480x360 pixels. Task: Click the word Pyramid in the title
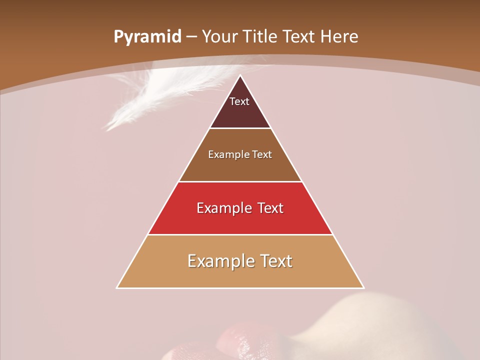pos(147,37)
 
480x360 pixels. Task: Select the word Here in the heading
pos(339,36)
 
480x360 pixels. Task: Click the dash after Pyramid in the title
pos(191,37)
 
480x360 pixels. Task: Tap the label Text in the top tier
pos(239,101)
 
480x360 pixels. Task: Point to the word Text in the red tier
pos(270,208)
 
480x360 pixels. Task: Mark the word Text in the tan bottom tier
pos(276,261)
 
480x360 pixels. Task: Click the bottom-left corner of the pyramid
pos(117,287)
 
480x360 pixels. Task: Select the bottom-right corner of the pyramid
pos(363,287)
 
